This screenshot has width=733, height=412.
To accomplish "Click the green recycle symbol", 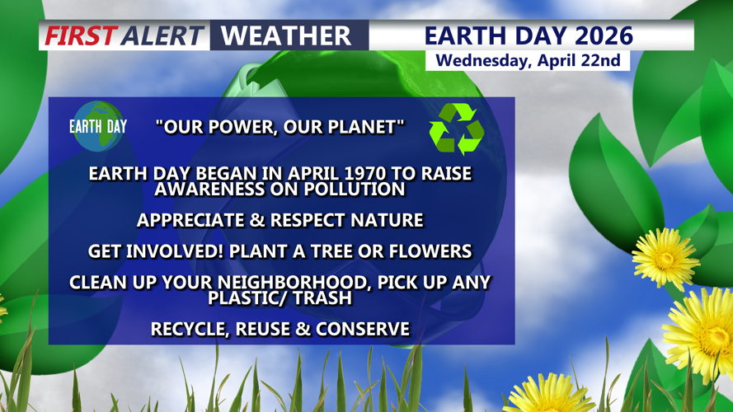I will (456, 129).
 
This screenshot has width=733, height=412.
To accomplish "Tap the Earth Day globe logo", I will (98, 126).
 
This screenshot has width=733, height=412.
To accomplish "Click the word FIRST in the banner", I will (80, 36).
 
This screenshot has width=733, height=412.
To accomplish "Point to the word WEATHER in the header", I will (286, 36).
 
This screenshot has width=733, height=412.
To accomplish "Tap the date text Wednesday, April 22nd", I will (528, 61).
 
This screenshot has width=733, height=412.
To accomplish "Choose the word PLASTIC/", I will (248, 297).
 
